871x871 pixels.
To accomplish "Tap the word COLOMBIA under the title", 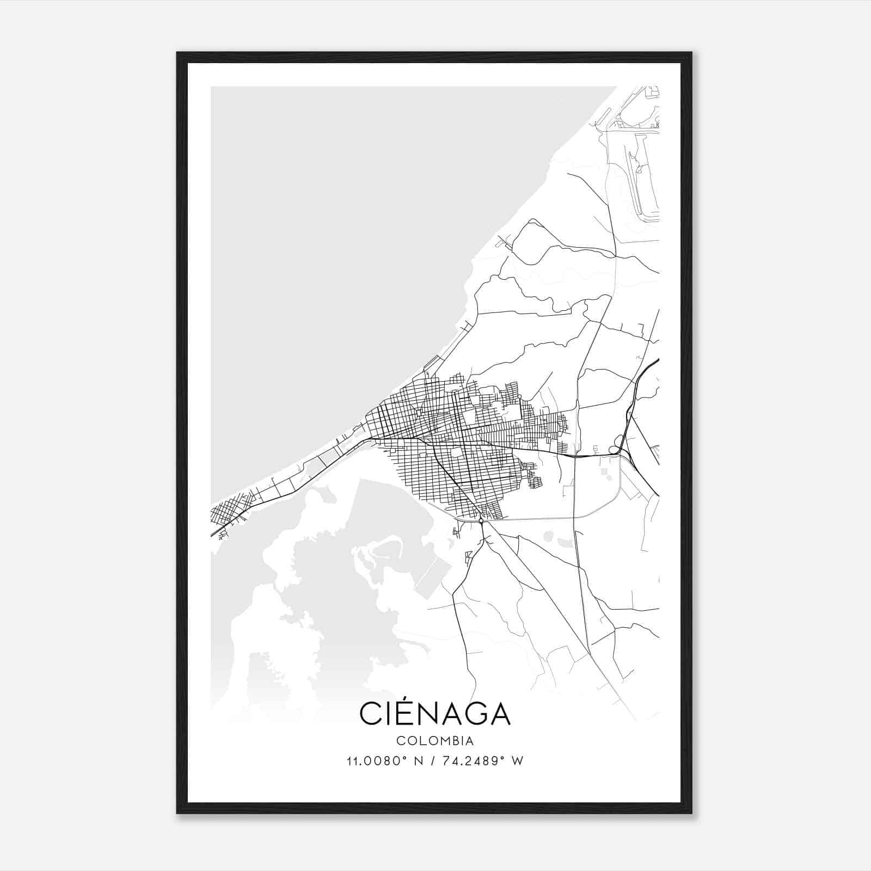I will [435, 741].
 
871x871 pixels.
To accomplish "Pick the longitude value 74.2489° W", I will [481, 761].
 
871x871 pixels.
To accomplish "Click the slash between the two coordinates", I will [432, 761].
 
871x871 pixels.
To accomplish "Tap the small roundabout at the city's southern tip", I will [481, 521].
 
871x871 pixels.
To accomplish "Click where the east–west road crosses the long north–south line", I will [576, 456].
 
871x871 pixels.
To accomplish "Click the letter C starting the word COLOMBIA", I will [400, 741].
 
